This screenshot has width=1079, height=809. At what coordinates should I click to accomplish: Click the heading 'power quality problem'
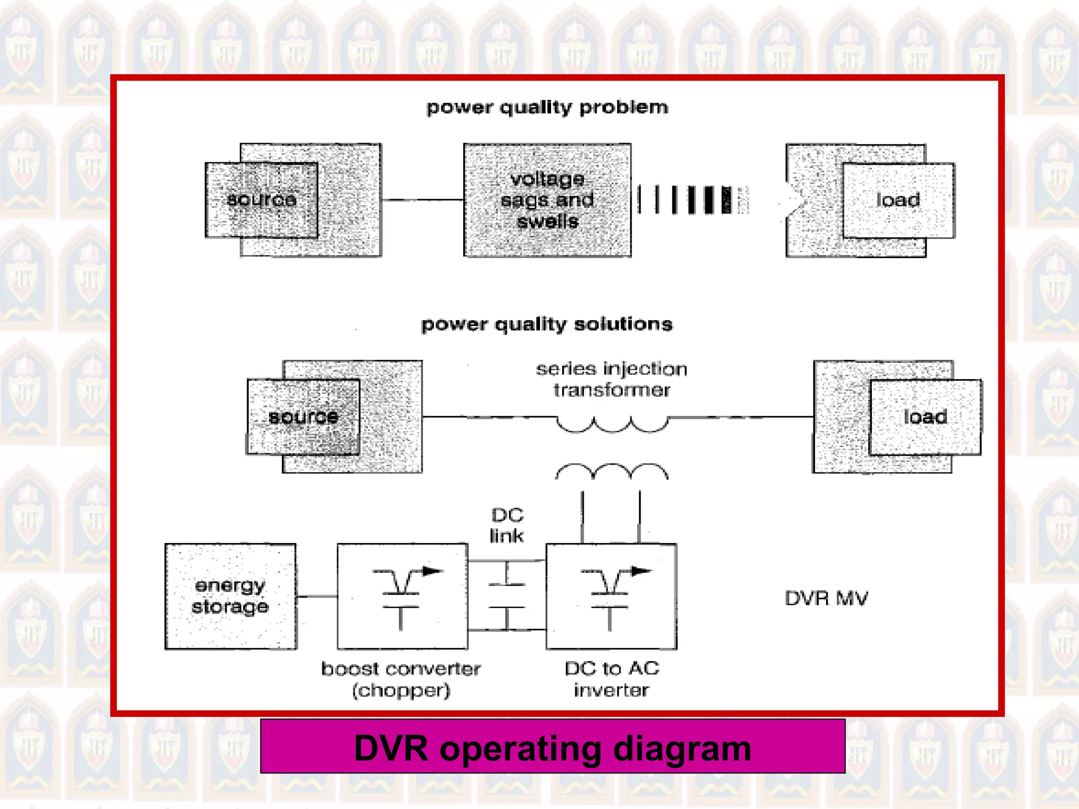(x=547, y=107)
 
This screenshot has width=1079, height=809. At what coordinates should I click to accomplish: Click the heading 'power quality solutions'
(x=547, y=324)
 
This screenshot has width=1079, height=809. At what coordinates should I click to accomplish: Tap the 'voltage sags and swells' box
(x=547, y=200)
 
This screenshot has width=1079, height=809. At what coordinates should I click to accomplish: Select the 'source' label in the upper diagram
(x=261, y=200)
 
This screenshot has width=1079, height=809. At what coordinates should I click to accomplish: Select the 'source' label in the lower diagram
(x=303, y=417)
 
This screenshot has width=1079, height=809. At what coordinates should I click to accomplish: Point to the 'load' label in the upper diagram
(x=898, y=200)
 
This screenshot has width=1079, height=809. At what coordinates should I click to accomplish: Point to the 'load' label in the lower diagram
(x=925, y=417)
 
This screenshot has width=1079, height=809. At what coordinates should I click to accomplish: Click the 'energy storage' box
(x=230, y=596)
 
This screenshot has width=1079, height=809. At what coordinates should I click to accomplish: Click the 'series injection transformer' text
(x=611, y=379)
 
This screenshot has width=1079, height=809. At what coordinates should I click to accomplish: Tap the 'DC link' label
(x=507, y=525)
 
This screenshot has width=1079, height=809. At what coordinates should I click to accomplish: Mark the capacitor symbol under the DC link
(x=507, y=596)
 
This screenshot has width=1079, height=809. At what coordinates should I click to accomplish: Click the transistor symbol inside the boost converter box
(x=403, y=596)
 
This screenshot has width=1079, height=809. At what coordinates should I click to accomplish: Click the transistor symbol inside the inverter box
(x=611, y=596)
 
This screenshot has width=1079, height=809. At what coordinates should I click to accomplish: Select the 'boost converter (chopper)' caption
(x=401, y=679)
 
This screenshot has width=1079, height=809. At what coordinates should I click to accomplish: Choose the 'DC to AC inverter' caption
(x=611, y=679)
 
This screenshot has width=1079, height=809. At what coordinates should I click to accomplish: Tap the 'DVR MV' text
(x=826, y=598)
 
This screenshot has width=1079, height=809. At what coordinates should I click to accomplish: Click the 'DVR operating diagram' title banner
(x=553, y=747)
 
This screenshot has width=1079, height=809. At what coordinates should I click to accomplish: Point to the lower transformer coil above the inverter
(x=612, y=470)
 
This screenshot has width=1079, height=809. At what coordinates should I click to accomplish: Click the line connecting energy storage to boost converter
(x=317, y=597)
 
